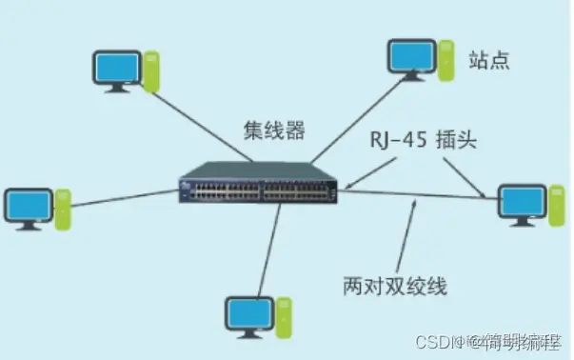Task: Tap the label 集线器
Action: pyautogui.click(x=274, y=130)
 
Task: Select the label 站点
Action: pyautogui.click(x=489, y=61)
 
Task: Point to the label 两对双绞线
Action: pyautogui.click(x=394, y=284)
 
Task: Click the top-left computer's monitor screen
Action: pyautogui.click(x=117, y=67)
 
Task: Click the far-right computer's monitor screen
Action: pyautogui.click(x=520, y=202)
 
